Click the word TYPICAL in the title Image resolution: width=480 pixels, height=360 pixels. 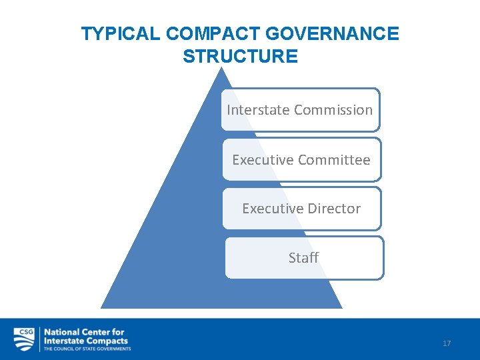120,34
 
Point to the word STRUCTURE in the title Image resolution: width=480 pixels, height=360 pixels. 240,57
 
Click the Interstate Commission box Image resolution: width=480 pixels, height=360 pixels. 300,110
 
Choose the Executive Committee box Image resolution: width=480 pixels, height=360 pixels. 301,160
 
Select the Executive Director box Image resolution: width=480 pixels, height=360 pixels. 301,209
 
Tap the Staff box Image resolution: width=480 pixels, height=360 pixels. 304,257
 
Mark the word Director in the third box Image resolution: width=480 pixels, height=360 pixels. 333,209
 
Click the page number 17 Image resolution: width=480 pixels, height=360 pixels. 447,343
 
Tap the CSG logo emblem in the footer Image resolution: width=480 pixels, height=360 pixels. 24,339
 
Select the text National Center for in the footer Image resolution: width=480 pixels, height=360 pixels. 84,332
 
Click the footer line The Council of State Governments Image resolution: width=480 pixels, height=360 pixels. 87,349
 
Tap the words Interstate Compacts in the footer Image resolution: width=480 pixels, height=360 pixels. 87,340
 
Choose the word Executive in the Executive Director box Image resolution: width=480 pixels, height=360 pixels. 267,209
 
